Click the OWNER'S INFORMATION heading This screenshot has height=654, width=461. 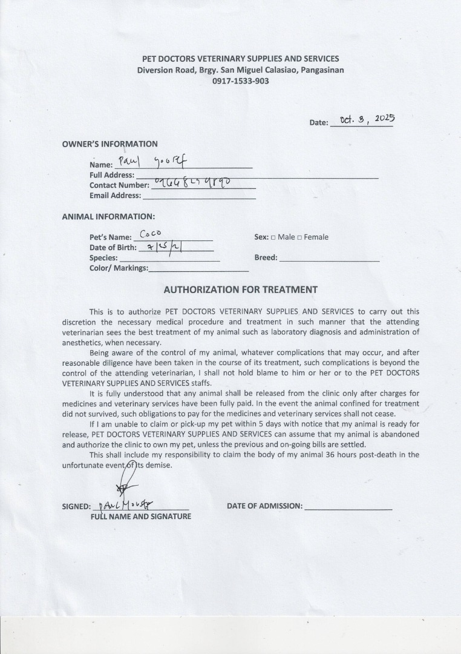coord(110,144)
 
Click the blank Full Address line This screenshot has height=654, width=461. coord(257,176)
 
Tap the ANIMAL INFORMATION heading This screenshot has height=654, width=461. coord(108,216)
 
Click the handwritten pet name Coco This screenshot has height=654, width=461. coord(150,233)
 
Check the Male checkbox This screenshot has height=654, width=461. coord(273,237)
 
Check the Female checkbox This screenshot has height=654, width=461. coord(299,237)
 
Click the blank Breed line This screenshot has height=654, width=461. coord(330,259)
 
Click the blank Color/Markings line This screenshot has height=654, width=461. coord(198,269)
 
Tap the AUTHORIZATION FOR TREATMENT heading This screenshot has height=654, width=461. coord(240,289)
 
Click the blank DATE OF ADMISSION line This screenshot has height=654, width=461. coord(348,507)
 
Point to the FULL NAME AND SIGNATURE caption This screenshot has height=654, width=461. coord(141,517)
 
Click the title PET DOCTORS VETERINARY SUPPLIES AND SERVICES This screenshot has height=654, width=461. coord(240,59)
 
